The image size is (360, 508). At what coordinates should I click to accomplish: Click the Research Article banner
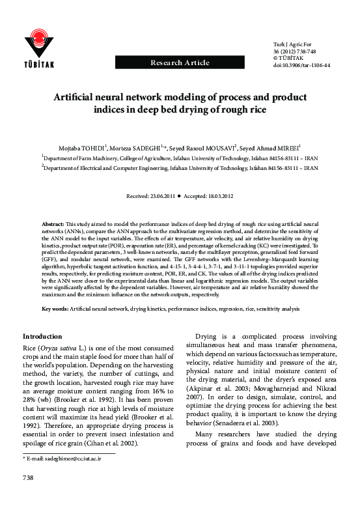pyautogui.click(x=180, y=63)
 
